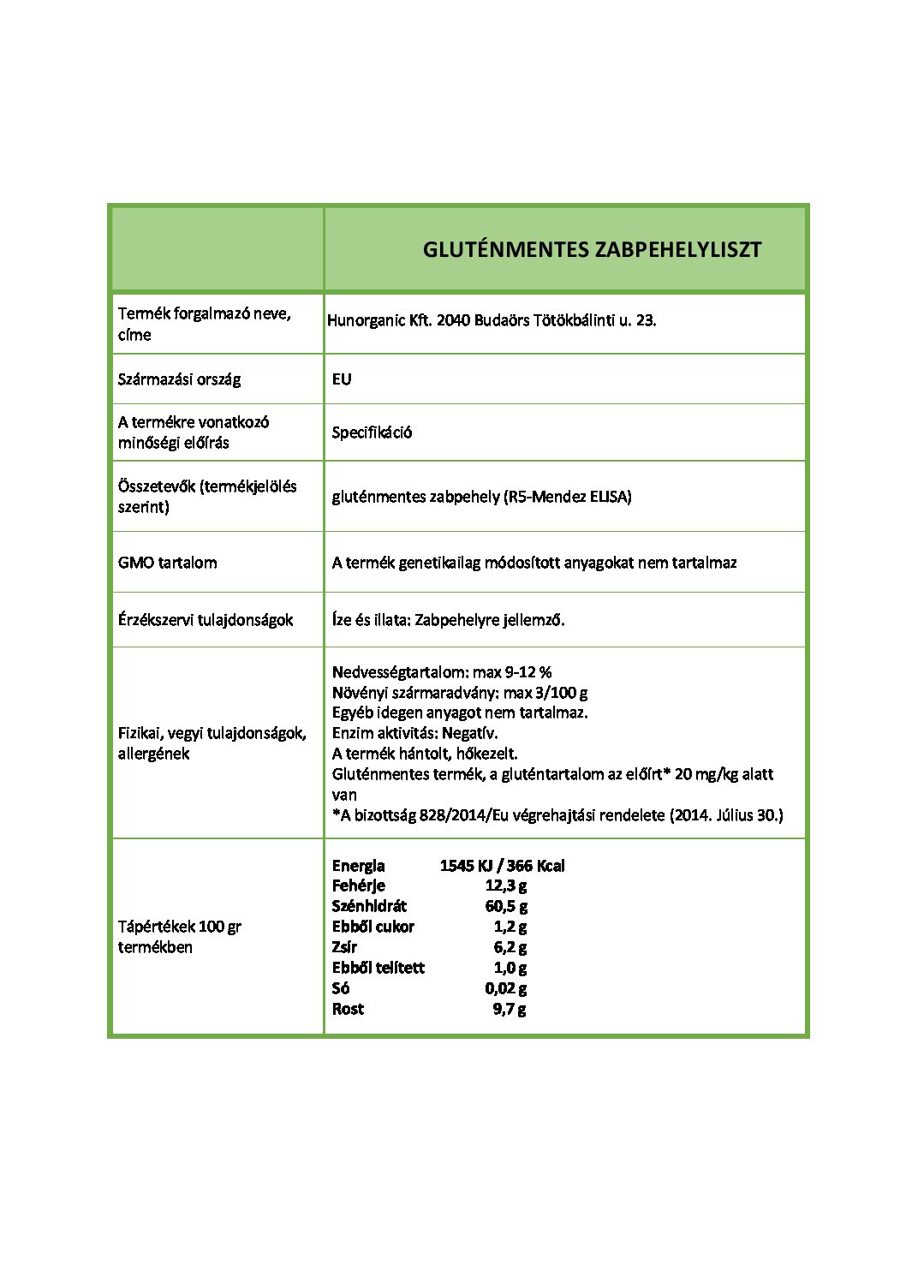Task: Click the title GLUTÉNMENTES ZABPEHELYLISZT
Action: [592, 249]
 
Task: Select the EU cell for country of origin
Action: [342, 379]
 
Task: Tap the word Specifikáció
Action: [372, 432]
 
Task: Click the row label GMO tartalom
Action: [167, 563]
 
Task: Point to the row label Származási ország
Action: [179, 379]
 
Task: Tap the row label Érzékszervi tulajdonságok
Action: [206, 620]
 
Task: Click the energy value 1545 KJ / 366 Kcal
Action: [502, 865]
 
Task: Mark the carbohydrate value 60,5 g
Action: [506, 906]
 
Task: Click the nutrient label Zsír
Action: [344, 947]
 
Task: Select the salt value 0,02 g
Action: [505, 988]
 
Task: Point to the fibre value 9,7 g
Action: [510, 1009]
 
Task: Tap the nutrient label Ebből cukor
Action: [373, 927]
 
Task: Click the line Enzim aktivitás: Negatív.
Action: [414, 733]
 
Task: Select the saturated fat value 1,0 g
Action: [510, 968]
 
